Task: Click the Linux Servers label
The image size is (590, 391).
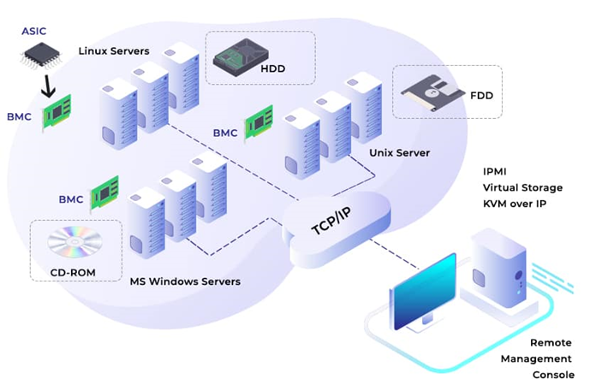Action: coord(114,50)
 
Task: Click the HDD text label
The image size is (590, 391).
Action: coord(274,68)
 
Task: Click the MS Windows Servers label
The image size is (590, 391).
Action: coord(184,281)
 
